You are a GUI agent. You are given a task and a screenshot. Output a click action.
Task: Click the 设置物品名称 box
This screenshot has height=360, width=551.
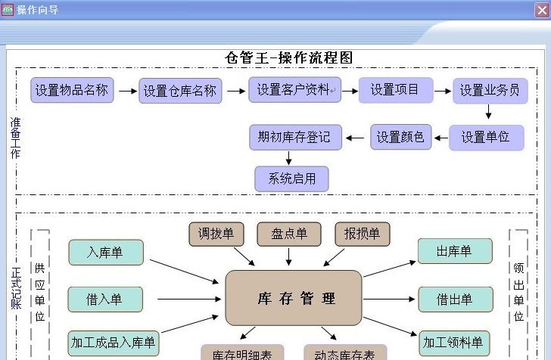coord(72,91)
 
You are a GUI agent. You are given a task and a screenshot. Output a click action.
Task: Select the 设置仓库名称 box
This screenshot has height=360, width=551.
coord(180,92)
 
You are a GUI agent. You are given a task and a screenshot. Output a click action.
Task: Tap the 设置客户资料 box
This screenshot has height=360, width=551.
coord(294,90)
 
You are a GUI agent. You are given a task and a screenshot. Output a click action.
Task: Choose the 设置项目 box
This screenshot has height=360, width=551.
coord(395,90)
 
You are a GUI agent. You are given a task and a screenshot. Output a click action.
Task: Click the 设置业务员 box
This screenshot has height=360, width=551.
coord(490,91)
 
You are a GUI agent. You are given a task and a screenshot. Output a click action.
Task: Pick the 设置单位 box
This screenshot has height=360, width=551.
coord(486,138)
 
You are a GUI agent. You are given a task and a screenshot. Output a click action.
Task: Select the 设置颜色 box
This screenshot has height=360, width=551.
coord(401,138)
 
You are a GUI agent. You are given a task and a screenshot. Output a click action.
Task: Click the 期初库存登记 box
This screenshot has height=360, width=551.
coord(295,137)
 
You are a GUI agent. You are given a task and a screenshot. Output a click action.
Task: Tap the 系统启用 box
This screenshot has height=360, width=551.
coord(291,179)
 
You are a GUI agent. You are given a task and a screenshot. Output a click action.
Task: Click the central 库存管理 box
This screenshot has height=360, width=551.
coord(294,298)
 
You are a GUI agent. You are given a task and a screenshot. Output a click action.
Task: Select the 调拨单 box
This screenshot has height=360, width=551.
coord(216,234)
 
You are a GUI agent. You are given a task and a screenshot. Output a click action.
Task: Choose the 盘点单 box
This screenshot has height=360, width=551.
coord(289,234)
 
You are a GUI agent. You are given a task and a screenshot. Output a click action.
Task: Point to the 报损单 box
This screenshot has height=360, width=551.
coord(363,234)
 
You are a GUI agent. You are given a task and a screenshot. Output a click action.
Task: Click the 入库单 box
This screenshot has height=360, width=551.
coord(105,253)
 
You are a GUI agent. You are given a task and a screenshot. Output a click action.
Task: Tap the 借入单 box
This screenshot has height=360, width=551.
coord(105,299)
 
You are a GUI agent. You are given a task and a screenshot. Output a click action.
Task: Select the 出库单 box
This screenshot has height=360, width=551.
coord(455,251)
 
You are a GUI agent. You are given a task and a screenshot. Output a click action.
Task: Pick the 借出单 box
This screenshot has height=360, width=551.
coord(455,299)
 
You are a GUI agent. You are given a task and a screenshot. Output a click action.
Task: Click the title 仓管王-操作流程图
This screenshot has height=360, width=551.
coord(289,58)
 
